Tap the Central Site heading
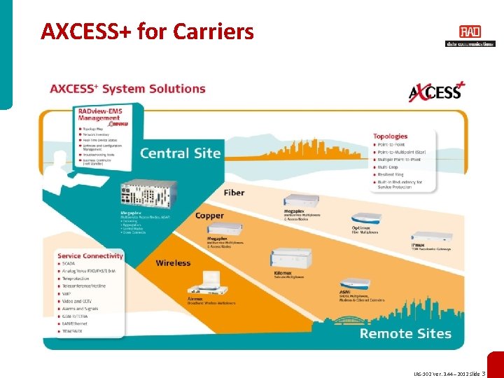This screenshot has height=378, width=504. point(180,153)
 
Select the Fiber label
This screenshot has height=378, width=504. point(234,192)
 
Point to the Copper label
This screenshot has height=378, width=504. point(209,216)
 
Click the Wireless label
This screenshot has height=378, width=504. point(173,263)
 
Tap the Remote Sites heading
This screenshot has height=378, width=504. point(405,333)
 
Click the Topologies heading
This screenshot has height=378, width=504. point(391,136)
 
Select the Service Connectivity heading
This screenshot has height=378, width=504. point(90,256)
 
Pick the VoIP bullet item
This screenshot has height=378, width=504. point(68,294)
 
